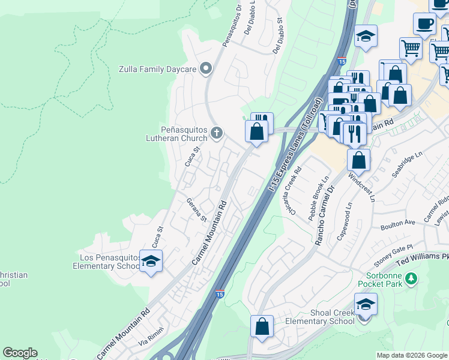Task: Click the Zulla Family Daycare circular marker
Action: (206, 69)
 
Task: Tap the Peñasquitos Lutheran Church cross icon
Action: (217, 133)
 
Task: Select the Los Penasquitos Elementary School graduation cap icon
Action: (151, 261)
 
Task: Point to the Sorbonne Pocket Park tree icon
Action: (411, 278)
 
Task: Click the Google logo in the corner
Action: (20, 353)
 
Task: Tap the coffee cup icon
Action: (425, 24)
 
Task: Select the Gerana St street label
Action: (196, 209)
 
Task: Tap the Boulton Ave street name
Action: (397, 224)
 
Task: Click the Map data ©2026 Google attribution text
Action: (411, 355)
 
